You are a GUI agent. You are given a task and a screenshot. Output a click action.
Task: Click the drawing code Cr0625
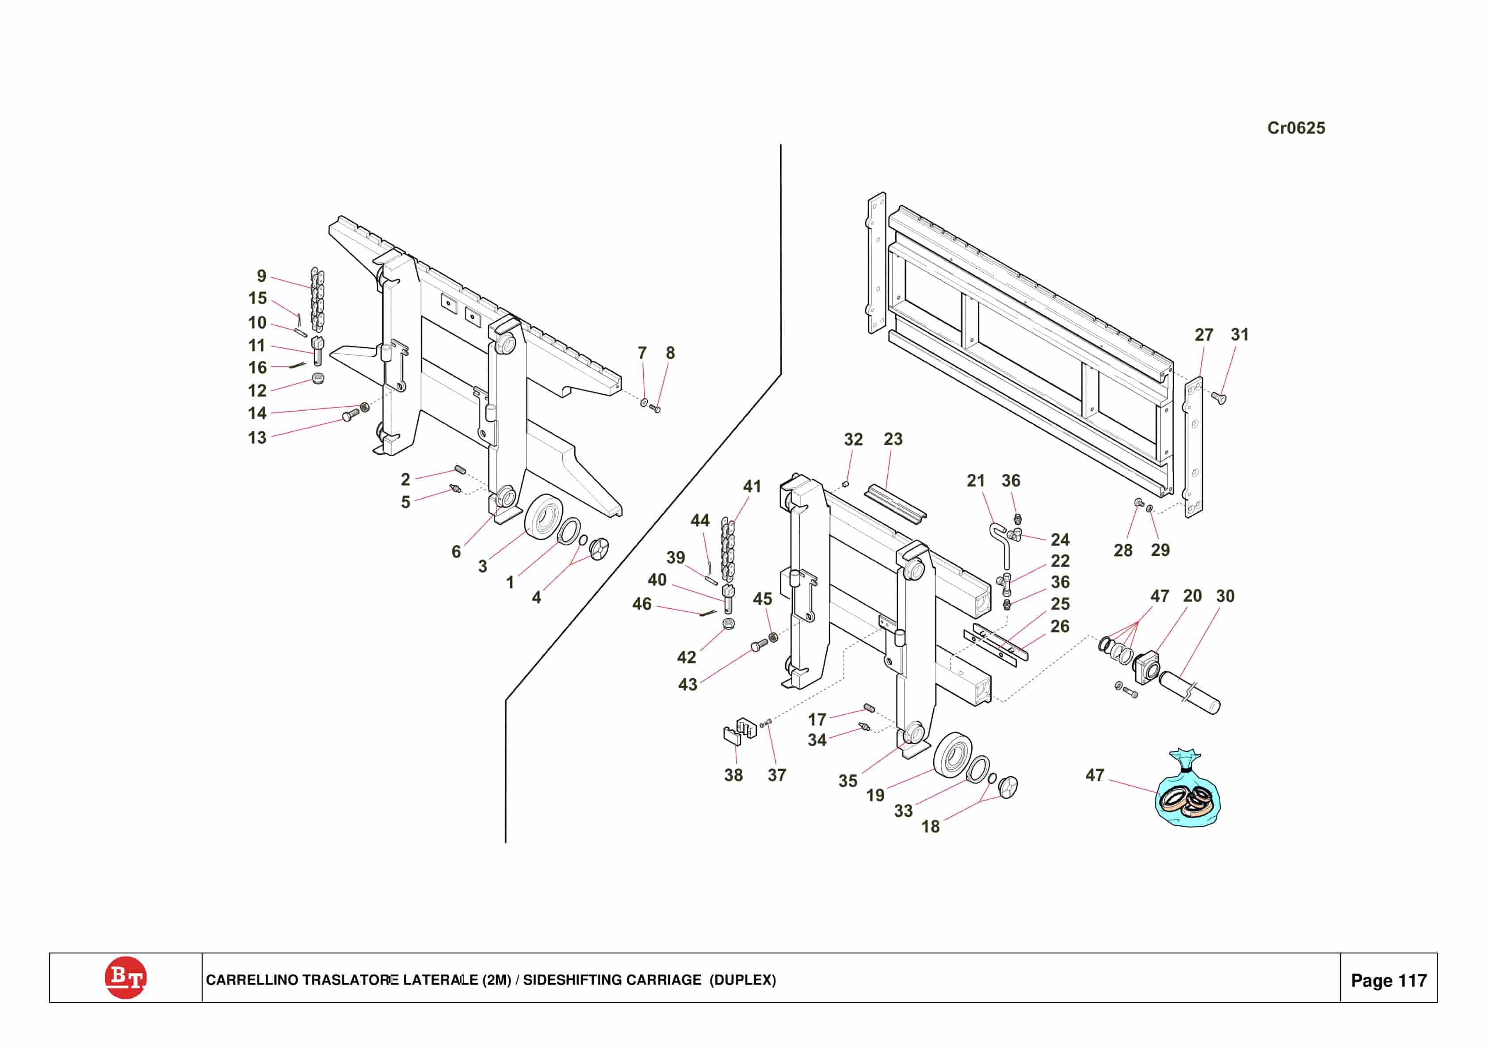pos(1296,128)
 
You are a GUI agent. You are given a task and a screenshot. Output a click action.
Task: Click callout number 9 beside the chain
pos(261,276)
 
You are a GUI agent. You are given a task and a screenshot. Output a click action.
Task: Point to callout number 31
pos(1239,335)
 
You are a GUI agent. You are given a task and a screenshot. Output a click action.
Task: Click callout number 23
pos(893,439)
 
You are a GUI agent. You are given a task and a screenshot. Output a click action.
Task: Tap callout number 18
pos(930,826)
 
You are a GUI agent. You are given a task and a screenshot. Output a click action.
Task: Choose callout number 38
pos(733,775)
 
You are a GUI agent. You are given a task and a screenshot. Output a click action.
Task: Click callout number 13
pos(257,438)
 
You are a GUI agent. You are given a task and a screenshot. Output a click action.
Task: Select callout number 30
pos(1225,596)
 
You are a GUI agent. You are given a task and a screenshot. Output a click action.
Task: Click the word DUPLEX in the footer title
pos(743,980)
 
